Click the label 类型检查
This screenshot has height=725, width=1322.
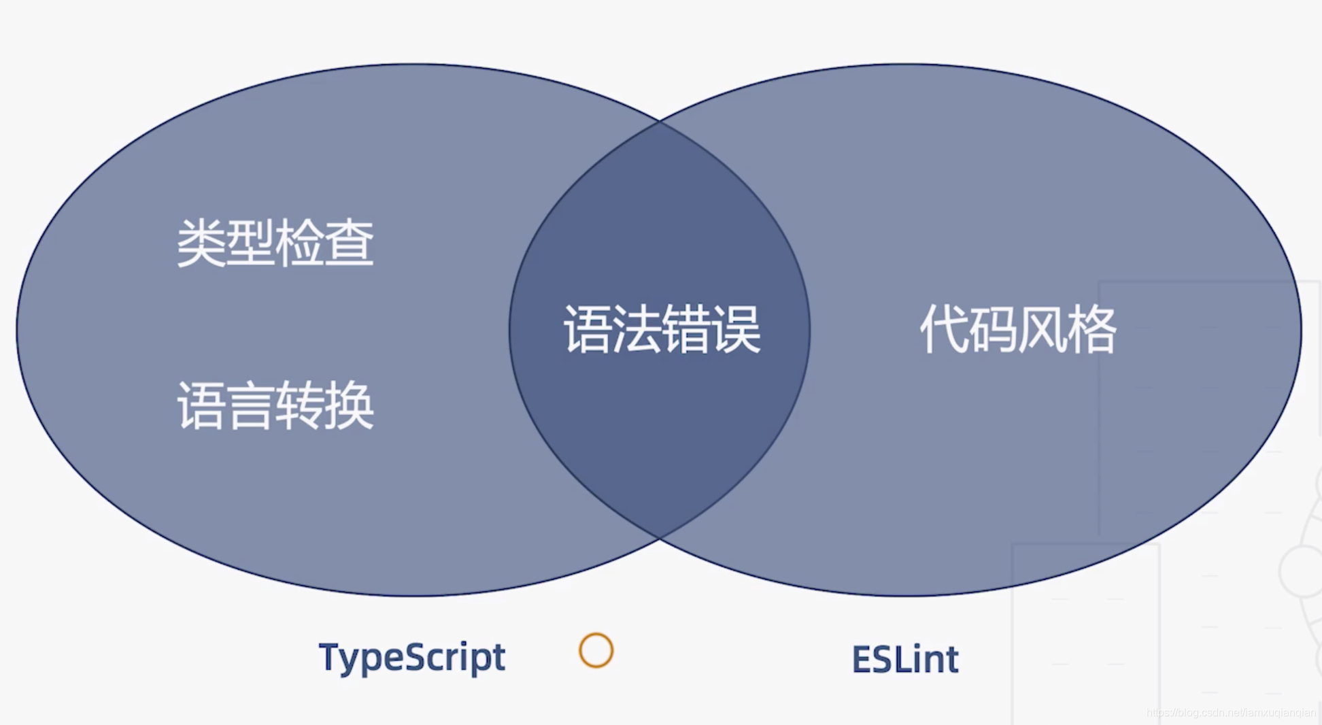tap(275, 243)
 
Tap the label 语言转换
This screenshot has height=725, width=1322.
tap(275, 406)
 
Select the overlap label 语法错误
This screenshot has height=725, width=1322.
tap(661, 330)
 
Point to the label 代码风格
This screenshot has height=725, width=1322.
tap(1017, 330)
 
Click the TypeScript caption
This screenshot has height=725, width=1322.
tap(411, 658)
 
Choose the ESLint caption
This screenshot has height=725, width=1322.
tap(905, 659)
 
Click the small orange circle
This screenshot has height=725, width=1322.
tap(596, 651)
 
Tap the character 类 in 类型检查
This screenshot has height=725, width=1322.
tap(201, 243)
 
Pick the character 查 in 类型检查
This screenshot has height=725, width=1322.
tap(350, 243)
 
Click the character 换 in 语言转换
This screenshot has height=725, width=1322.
tap(350, 406)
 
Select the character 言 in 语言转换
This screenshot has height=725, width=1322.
tap(250, 406)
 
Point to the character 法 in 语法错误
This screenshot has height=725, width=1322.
tap(637, 330)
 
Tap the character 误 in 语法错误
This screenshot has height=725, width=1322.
tap(736, 330)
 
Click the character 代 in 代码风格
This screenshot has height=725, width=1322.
tap(943, 330)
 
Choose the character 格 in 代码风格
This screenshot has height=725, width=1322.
tap(1092, 330)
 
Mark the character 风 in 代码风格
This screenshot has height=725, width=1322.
tap(1043, 330)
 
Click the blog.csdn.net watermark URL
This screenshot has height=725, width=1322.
tap(1231, 713)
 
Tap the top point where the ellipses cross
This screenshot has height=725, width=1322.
tap(659, 121)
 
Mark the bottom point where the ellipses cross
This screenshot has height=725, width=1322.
tap(659, 539)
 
